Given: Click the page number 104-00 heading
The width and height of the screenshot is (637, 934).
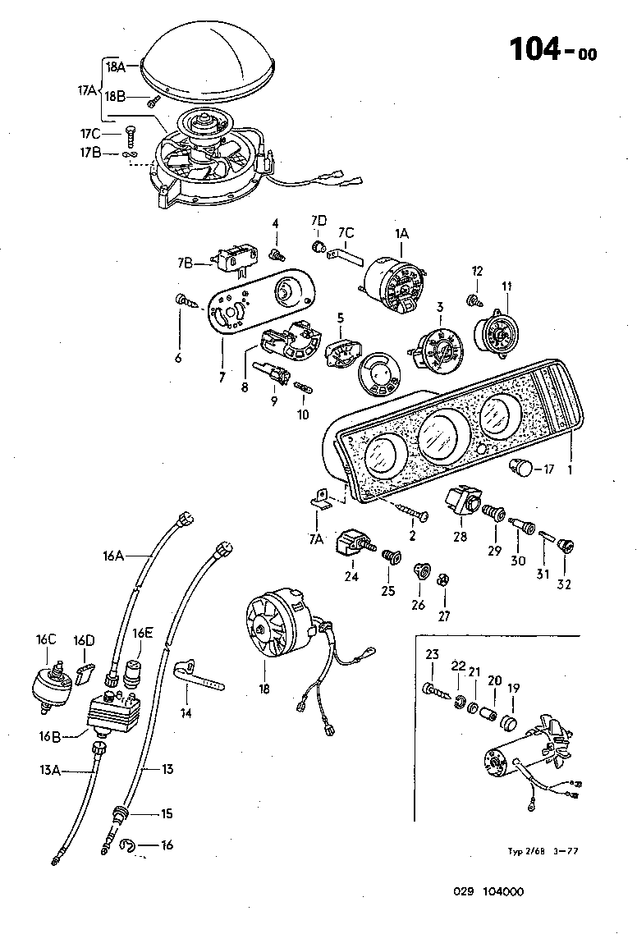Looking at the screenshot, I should coord(552,49).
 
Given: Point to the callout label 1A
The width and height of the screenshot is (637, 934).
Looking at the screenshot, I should coord(401,234).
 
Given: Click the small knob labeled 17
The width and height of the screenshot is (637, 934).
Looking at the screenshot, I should coord(520,469).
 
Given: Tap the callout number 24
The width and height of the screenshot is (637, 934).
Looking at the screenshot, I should coord(352,576).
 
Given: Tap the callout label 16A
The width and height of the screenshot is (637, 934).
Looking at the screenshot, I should coord(114,556).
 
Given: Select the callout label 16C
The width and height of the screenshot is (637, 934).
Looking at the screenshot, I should coord(46,640).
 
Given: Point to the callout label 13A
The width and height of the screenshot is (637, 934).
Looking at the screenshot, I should coord(50,769).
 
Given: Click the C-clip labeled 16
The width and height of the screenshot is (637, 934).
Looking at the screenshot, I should coord(126,845).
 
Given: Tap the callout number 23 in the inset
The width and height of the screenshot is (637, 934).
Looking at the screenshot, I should coord(433,654).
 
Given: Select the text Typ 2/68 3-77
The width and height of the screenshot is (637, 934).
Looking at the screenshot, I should coord(538,851).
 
